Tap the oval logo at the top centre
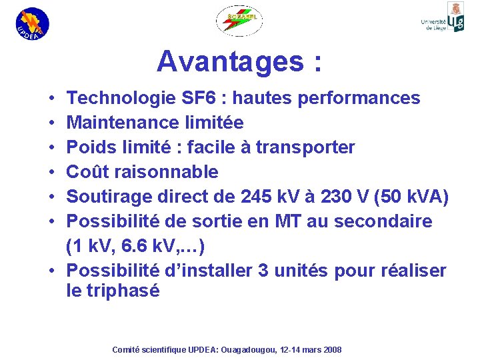click(x=239, y=21)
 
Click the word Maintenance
click(x=125, y=123)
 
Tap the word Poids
click(x=91, y=147)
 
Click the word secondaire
click(x=391, y=221)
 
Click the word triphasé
click(x=123, y=291)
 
